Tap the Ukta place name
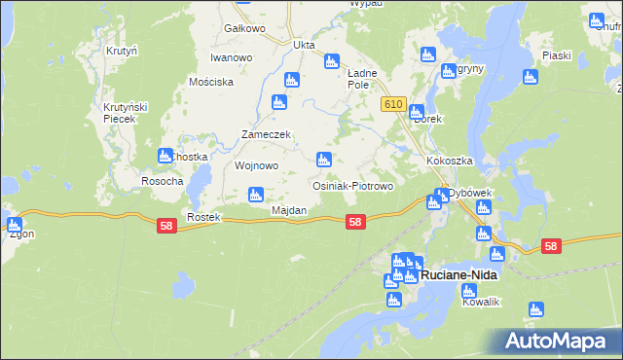pos(305,44)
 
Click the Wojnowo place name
pos(257,165)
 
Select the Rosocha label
pos(162,181)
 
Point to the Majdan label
pos(289,210)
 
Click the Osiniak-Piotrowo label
pos(351,185)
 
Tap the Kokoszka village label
pos(449,160)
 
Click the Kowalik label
pos(481,302)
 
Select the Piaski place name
pos(557,55)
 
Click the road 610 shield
pos(393,104)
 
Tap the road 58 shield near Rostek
pos(166,225)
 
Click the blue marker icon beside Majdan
pos(256,194)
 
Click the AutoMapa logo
pos(559,341)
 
